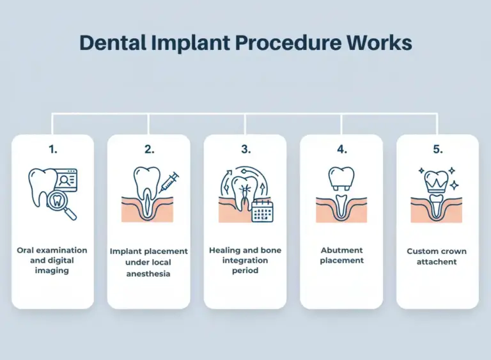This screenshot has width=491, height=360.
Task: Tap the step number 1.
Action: tap(52, 149)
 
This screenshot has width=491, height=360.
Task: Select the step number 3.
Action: tap(245, 149)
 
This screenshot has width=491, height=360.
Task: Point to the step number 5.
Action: tap(437, 149)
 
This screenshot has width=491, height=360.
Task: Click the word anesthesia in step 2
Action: tap(149, 274)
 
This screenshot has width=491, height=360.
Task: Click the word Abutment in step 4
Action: tap(341, 250)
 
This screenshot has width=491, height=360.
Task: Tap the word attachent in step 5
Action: tap(437, 262)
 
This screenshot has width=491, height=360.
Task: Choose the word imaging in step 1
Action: tap(52, 270)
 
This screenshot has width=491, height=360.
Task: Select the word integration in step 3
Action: tap(245, 260)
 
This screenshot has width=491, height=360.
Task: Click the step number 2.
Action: tap(149, 149)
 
